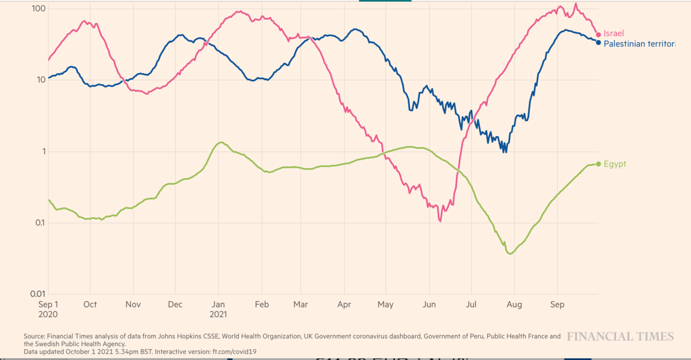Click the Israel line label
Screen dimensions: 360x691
pyautogui.click(x=613, y=34)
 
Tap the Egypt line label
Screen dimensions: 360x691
pyautogui.click(x=614, y=164)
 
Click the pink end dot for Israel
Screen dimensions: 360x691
pyautogui.click(x=598, y=35)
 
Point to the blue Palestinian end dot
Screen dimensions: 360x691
pyautogui.click(x=598, y=43)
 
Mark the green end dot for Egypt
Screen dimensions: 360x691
pyautogui.click(x=598, y=164)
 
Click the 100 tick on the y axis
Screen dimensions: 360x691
pyautogui.click(x=39, y=9)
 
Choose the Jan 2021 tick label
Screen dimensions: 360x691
pyautogui.click(x=218, y=309)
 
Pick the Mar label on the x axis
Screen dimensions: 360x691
pyautogui.click(x=301, y=304)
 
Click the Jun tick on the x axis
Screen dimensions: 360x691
pyautogui.click(x=428, y=304)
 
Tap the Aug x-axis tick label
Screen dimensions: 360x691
pyautogui.click(x=514, y=304)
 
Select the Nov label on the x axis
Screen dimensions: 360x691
pyautogui.click(x=133, y=304)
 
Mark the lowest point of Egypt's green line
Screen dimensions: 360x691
pyautogui.click(x=510, y=253)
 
